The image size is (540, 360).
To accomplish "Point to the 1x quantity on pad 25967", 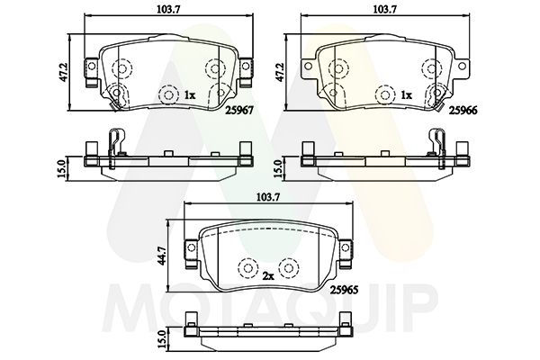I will (190, 94).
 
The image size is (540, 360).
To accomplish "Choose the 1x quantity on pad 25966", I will (406, 94).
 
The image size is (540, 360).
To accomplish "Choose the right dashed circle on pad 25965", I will (288, 268).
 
